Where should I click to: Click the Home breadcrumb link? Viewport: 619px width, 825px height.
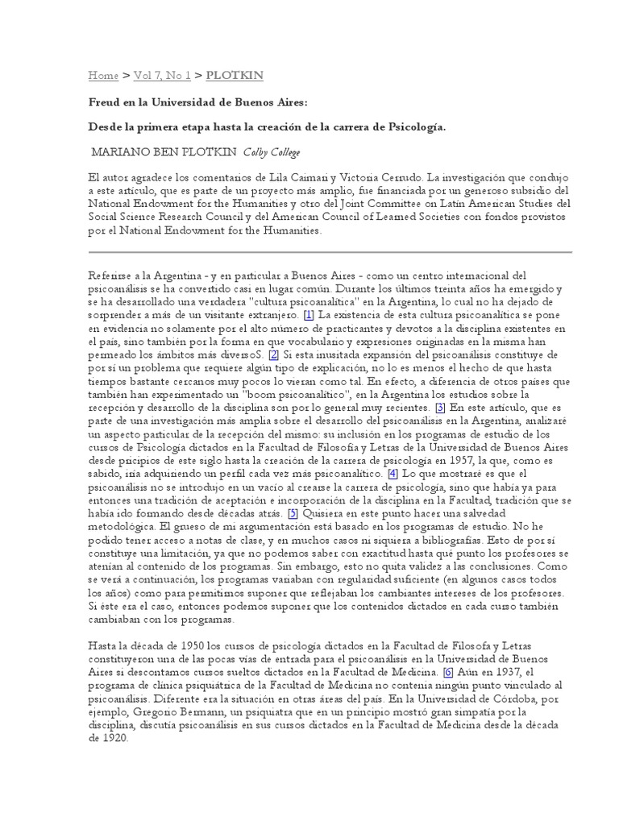point(103,76)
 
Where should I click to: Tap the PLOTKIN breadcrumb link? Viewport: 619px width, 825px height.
point(235,76)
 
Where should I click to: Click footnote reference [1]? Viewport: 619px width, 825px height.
point(309,313)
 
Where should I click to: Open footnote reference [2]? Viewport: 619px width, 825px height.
point(274,354)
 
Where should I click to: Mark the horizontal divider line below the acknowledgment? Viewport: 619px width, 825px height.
point(330,252)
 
